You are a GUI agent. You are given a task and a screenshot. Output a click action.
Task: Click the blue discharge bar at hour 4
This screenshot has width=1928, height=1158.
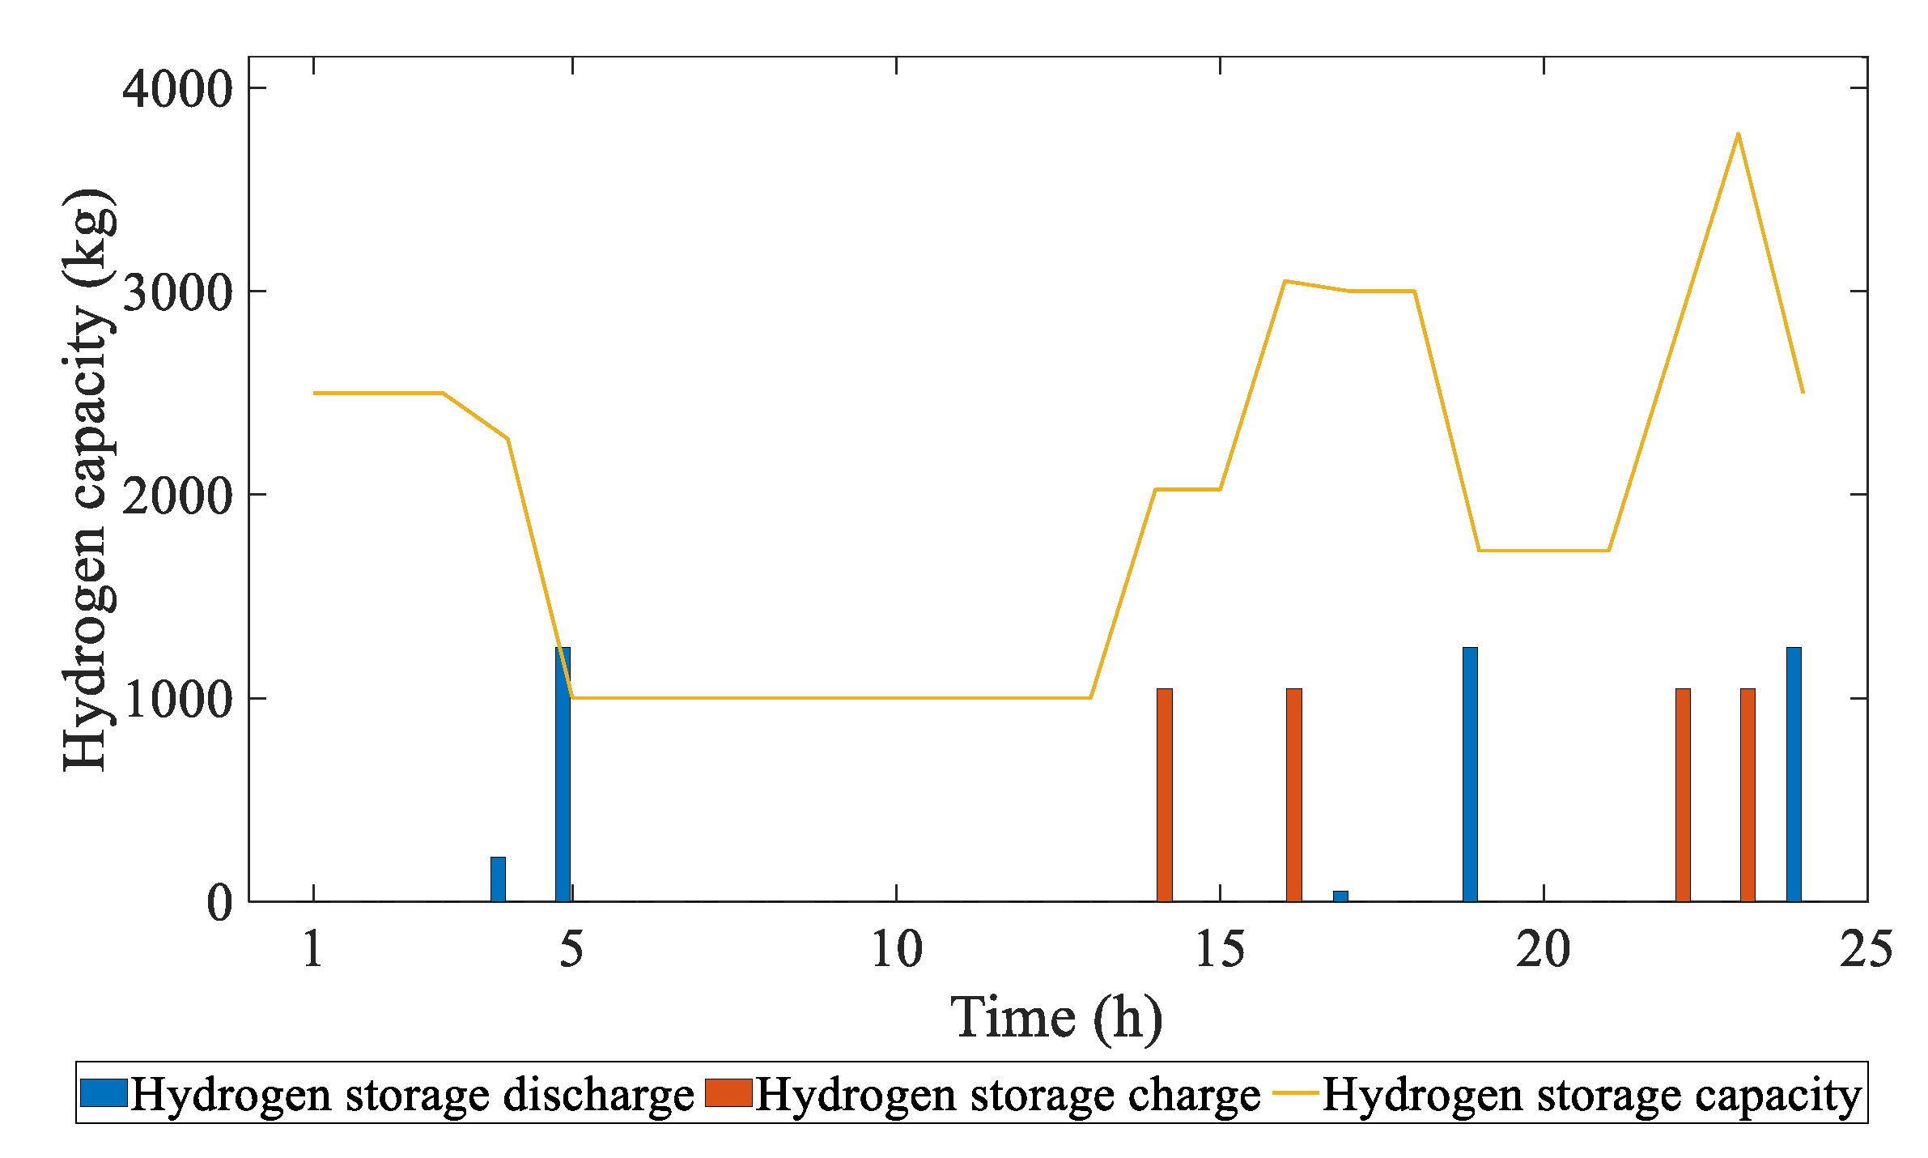(498, 879)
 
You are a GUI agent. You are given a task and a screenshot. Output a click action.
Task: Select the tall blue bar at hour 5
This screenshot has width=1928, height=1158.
(563, 773)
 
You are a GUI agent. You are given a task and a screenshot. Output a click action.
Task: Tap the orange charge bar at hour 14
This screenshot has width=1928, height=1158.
(1164, 794)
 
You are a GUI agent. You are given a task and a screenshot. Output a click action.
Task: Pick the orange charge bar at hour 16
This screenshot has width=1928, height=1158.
(1293, 794)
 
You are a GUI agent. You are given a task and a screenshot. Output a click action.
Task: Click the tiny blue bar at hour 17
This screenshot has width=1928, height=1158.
(1340, 895)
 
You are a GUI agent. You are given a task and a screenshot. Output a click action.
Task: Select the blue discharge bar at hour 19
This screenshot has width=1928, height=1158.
(1470, 773)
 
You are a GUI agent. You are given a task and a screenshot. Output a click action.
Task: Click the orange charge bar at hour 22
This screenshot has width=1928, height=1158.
(1683, 794)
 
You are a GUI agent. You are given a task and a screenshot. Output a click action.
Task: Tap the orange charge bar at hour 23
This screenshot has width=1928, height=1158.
(1748, 794)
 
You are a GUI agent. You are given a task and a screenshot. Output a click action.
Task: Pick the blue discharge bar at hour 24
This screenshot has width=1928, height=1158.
(1794, 773)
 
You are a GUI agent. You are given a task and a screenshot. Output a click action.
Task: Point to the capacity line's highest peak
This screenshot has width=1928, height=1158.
(1738, 134)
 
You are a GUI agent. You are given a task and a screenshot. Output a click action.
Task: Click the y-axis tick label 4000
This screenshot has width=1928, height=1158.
(177, 89)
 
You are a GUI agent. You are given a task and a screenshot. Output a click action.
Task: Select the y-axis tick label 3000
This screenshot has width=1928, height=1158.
(177, 292)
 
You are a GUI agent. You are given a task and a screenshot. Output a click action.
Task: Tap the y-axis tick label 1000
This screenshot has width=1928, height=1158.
(177, 699)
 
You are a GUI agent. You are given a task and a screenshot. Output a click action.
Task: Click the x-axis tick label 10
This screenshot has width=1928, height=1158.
(896, 949)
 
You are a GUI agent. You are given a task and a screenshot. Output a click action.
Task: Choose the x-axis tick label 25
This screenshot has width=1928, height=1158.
(1866, 949)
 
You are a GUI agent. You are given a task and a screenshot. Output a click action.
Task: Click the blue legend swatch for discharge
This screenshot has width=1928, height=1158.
(104, 1092)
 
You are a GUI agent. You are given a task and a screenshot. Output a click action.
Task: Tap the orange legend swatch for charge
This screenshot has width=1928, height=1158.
(728, 1092)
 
